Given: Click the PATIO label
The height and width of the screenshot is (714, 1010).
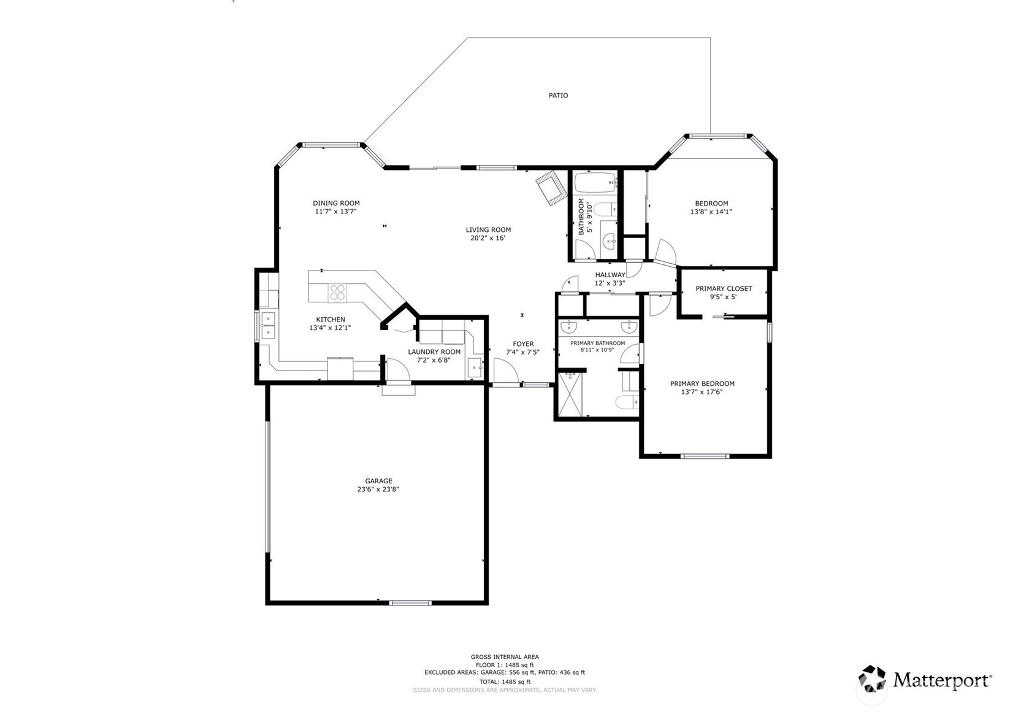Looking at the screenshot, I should tap(558, 95).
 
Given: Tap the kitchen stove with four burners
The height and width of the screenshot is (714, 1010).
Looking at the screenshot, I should tap(337, 293).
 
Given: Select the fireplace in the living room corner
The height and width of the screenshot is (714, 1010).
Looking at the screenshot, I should tap(549, 187).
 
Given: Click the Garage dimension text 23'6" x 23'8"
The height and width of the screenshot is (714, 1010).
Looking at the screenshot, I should tap(378, 489).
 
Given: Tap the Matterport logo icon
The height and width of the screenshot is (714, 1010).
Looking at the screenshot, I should tap(872, 680).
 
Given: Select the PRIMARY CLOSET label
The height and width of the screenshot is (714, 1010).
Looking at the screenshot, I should tap(724, 288).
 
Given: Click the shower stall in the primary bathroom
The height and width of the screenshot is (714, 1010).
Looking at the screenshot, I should tap(570, 394).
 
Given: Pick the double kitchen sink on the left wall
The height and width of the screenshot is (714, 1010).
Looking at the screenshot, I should tap(268, 325).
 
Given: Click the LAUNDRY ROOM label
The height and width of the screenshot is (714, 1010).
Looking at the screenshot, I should tap(434, 351).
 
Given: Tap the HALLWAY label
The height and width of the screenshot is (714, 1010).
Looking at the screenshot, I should tap(610, 275).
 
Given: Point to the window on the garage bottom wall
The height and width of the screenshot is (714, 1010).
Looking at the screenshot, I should tap(410, 603).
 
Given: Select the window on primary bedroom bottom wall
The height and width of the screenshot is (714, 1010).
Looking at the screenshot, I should tap(705, 456).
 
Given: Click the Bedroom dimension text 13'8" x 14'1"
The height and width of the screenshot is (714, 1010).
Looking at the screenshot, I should tap(711, 212).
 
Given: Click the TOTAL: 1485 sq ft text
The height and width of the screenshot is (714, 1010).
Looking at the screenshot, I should tap(505, 681).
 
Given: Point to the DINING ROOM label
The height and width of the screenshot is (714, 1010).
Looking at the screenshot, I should tap(336, 203).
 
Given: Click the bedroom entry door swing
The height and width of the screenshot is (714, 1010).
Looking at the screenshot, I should tap(665, 250).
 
